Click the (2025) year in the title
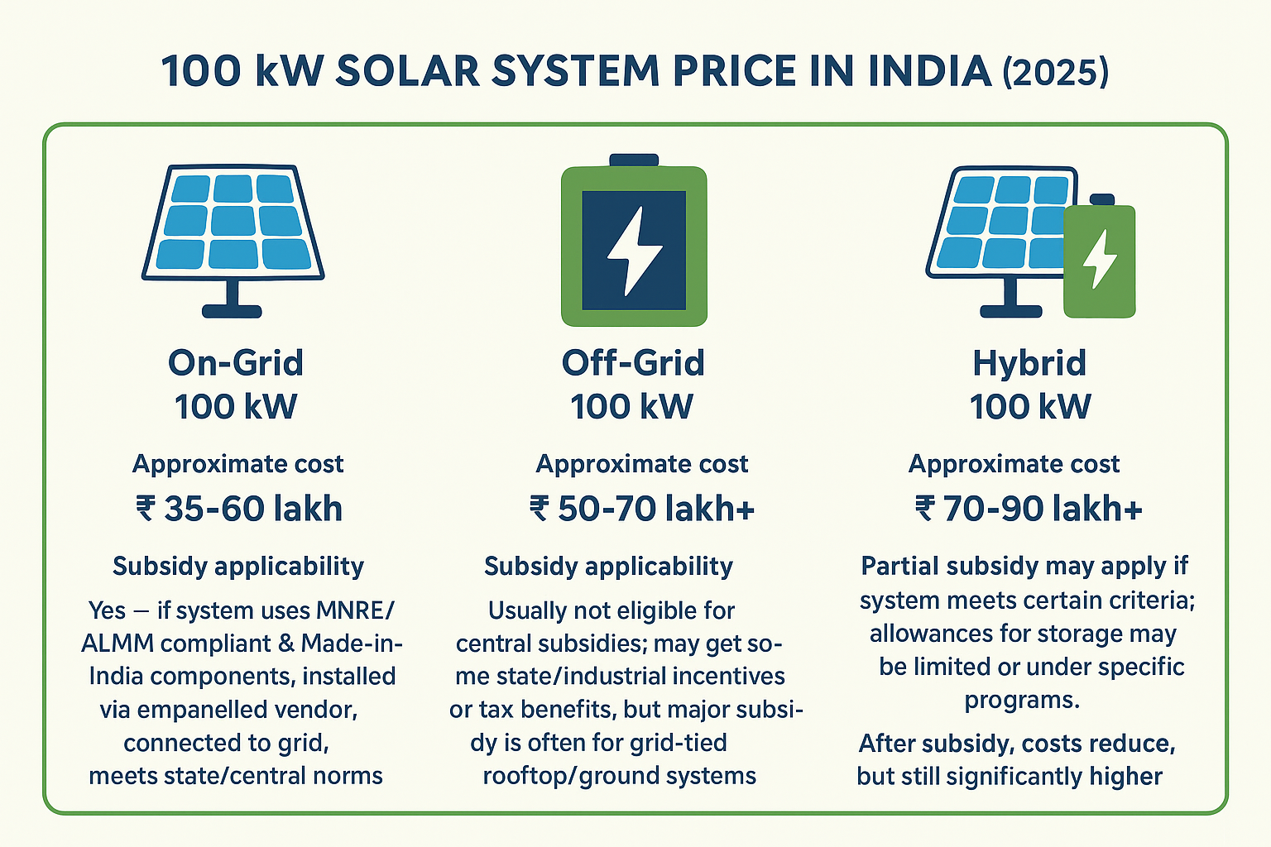coord(1055,72)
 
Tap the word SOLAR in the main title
coord(407,72)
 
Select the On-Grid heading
coord(236,363)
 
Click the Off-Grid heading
coord(633,363)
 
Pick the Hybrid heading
coord(1029,363)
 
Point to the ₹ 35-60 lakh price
coord(238,509)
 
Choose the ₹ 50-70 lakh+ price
coord(642,509)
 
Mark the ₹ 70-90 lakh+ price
coord(1029,509)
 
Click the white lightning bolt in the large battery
coord(634,250)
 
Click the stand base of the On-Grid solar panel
coord(233,312)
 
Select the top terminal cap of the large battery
coord(634,160)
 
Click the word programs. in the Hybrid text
coord(1022,700)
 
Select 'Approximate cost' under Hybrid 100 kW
coord(1014,464)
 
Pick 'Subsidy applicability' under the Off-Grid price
coord(608,567)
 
